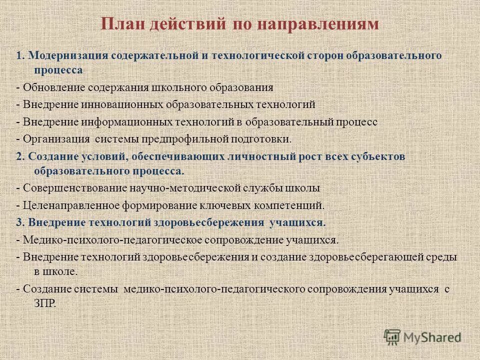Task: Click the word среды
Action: (x=442, y=257)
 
